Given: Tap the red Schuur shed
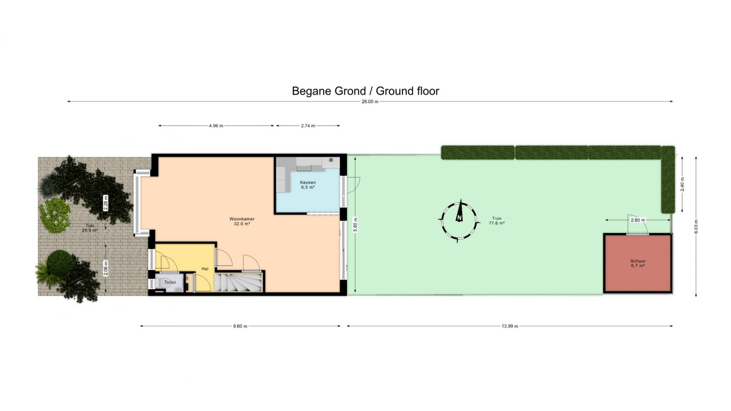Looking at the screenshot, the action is click(x=638, y=263).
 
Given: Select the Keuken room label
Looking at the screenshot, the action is click(x=308, y=183).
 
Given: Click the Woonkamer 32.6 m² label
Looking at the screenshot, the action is click(x=242, y=221).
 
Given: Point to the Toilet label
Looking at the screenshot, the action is click(x=170, y=282).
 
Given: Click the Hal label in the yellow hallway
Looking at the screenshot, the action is click(x=205, y=269).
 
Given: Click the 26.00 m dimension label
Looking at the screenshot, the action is click(x=370, y=101).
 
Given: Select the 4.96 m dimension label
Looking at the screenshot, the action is click(x=216, y=126).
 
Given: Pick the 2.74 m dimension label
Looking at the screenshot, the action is click(x=308, y=126).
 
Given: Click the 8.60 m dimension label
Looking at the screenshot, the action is click(x=240, y=326).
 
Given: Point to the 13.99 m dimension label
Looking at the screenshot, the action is click(x=510, y=326).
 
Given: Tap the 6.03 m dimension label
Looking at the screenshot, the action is click(x=696, y=226).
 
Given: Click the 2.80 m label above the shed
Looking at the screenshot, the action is click(x=638, y=220).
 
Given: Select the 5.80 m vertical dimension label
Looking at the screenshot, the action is click(x=355, y=224).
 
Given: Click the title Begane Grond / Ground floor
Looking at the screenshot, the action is click(x=365, y=91).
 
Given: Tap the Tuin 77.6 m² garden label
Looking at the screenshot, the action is click(x=497, y=221).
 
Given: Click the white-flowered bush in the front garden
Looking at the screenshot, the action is click(x=55, y=215).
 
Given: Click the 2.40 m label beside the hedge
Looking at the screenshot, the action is click(x=682, y=185).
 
